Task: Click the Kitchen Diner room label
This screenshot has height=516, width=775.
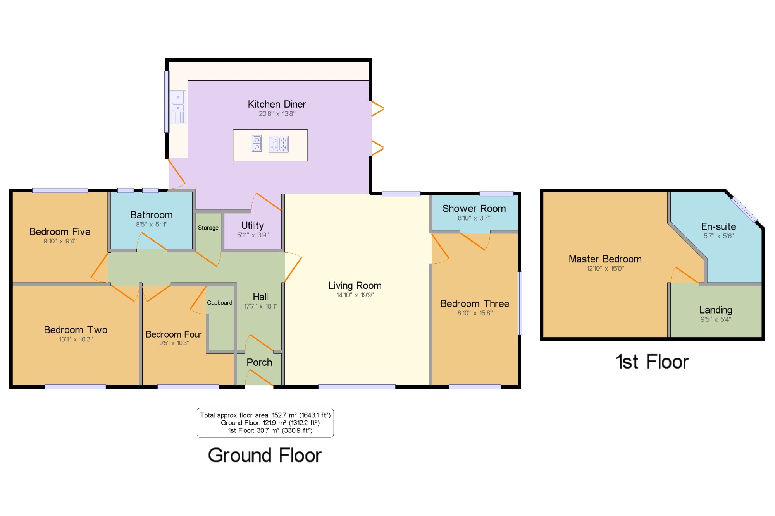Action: pos(277,104)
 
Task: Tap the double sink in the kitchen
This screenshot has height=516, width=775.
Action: pos(178,107)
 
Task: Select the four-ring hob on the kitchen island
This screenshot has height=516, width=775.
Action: pos(279,144)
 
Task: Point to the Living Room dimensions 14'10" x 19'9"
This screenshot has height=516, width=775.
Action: pos(355,295)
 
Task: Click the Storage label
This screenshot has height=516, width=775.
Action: pos(208,228)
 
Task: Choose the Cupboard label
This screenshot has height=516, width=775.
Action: pos(220,303)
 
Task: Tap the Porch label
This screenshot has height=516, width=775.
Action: pos(259,362)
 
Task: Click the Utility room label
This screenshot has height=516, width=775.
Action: pos(252,225)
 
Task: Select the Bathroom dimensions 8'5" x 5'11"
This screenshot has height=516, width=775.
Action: pos(152,225)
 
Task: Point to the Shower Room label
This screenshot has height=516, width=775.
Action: pos(474,209)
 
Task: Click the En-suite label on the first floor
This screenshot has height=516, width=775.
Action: pos(718,226)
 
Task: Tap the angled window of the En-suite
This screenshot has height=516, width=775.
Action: pos(744,209)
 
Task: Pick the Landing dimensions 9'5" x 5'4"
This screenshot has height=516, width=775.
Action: pos(716,319)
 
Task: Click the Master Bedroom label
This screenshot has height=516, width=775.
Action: pos(605,259)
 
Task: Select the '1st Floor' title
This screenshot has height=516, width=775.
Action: pos(652,362)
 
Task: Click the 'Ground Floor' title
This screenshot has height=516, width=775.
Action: pos(265,455)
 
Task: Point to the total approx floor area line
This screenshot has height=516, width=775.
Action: pos(265,415)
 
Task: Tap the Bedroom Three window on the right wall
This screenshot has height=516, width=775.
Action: pos(520,303)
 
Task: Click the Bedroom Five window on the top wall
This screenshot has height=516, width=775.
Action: pos(60,190)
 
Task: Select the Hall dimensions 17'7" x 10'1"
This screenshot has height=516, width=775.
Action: pos(260,307)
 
